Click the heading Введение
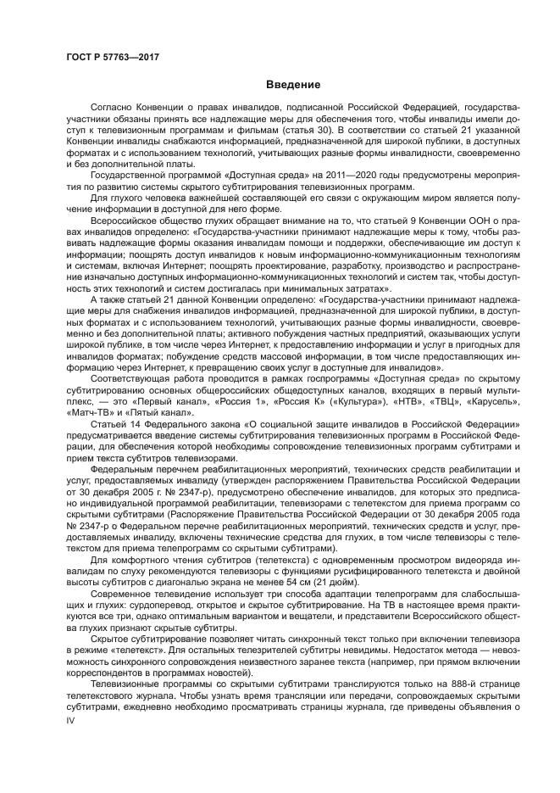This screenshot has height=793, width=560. (x=292, y=85)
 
